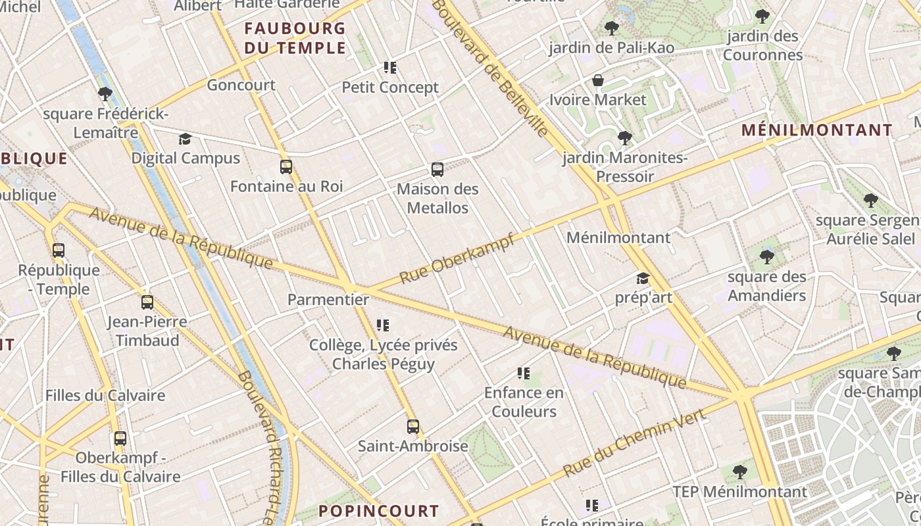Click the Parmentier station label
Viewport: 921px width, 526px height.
pos(328,300)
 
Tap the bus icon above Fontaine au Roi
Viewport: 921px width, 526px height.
pos(286,167)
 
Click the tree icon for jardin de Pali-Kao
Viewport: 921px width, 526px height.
pos(611,28)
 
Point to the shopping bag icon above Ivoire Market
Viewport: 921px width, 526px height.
pos(598,80)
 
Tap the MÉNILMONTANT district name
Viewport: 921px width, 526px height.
pos(817,130)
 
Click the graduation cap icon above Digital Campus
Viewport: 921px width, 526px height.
pos(185,139)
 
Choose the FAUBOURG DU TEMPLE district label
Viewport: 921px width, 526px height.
pos(295,38)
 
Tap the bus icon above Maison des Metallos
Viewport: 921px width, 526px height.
pos(437,170)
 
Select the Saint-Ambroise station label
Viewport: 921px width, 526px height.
pos(412,446)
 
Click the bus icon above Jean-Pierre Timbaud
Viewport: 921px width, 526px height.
pos(147,302)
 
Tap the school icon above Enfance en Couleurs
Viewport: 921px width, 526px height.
pos(524,373)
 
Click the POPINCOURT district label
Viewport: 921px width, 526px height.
pos(378,511)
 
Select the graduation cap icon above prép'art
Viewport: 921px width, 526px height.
pos(643,279)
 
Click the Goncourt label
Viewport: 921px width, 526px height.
pos(241,85)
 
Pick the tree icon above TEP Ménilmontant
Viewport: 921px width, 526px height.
pos(740,471)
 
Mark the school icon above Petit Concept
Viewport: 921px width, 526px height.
pos(390,67)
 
